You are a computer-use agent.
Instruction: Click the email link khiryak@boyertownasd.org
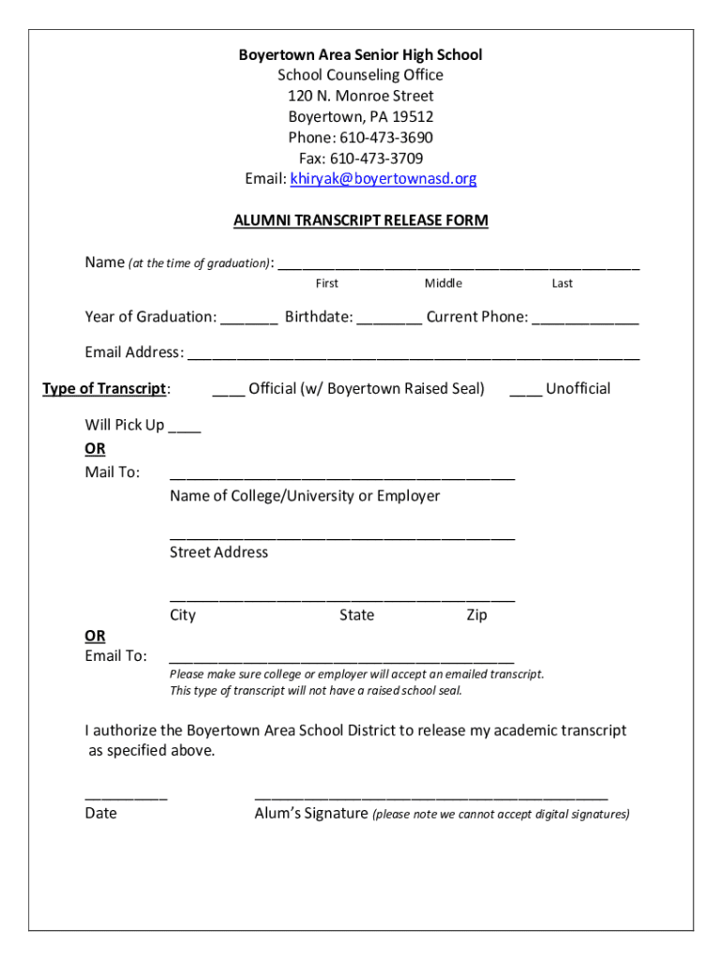click(x=383, y=179)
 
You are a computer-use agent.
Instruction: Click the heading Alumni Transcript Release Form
click(x=360, y=221)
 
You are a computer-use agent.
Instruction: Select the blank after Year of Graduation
click(x=249, y=319)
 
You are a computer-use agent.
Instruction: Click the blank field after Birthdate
click(x=389, y=319)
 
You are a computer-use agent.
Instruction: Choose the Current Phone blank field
click(x=585, y=319)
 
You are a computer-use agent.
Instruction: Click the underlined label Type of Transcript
click(x=106, y=389)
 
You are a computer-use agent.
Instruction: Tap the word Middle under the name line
click(x=443, y=283)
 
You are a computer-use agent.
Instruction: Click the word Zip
click(x=476, y=616)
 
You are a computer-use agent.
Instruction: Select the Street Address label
click(x=218, y=552)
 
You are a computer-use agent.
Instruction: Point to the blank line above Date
click(x=126, y=795)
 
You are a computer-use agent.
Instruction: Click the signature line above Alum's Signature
click(x=430, y=795)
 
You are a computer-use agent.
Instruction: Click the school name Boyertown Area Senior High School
click(x=360, y=55)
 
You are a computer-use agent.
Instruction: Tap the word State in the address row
click(x=356, y=616)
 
